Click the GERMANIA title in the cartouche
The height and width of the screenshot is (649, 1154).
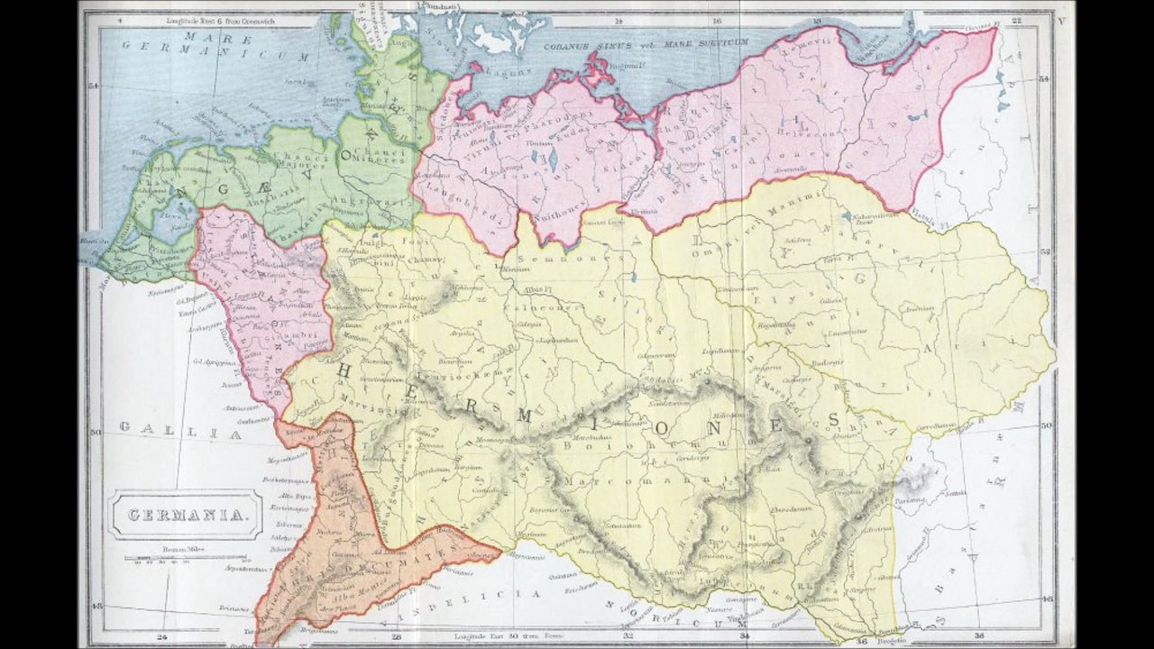click(188, 516)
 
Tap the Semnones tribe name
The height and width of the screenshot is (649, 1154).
click(589, 257)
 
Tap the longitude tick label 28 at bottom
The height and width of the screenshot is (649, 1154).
click(397, 635)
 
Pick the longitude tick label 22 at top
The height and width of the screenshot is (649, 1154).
click(1016, 19)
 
